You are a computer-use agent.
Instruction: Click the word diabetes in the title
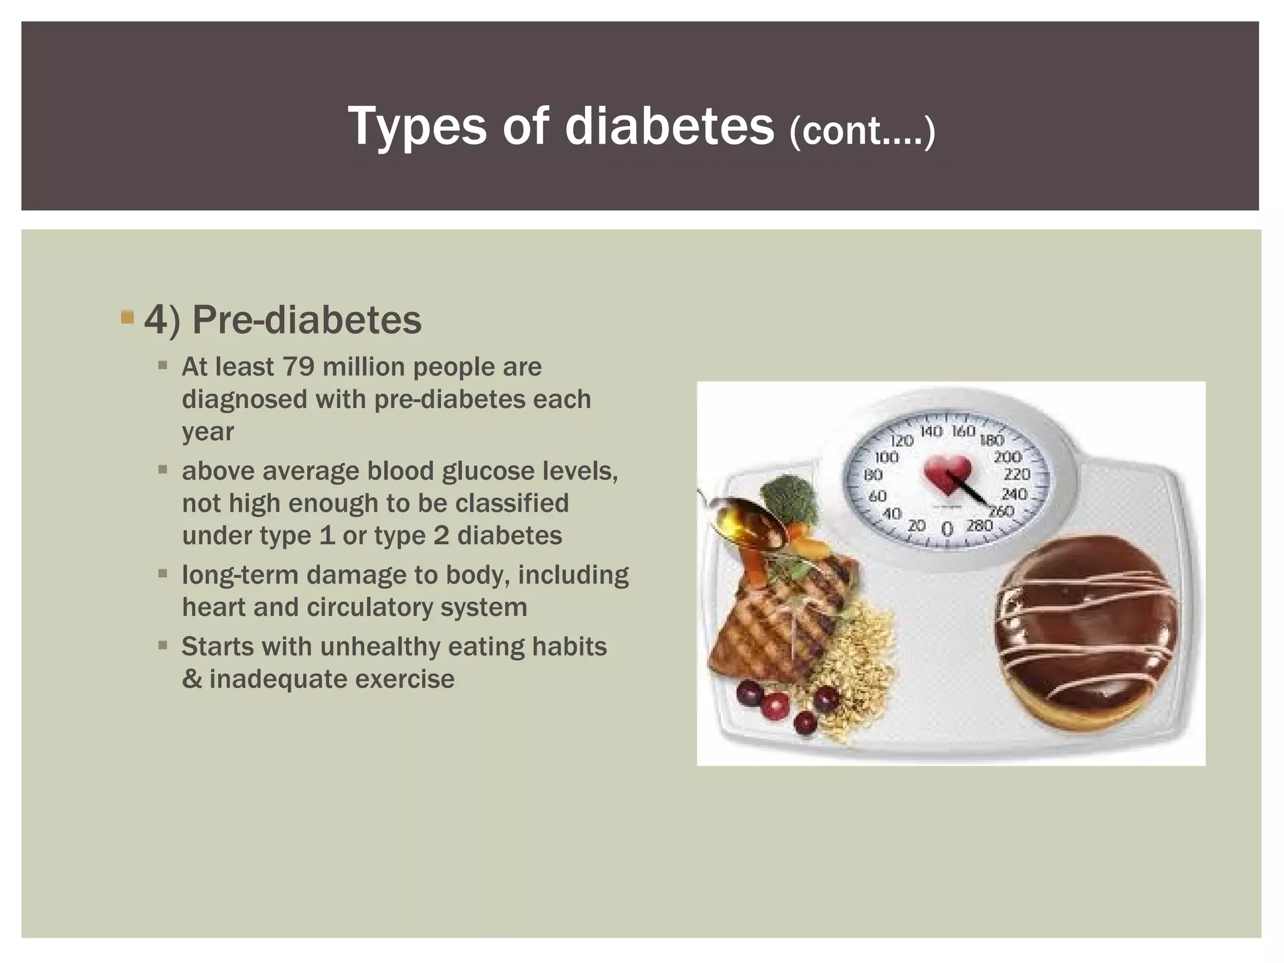click(x=669, y=126)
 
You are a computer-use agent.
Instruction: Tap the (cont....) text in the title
click(x=862, y=131)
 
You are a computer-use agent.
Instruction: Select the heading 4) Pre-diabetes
click(x=283, y=320)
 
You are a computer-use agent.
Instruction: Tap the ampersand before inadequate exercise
click(x=191, y=679)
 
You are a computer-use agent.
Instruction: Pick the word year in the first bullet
click(x=208, y=433)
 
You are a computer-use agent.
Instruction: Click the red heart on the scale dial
click(x=948, y=473)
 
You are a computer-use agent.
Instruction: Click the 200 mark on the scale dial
click(x=1008, y=456)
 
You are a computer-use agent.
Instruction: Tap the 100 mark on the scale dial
click(x=887, y=456)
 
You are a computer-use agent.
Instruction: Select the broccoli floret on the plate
click(x=789, y=498)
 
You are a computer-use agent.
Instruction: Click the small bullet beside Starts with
click(x=163, y=644)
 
